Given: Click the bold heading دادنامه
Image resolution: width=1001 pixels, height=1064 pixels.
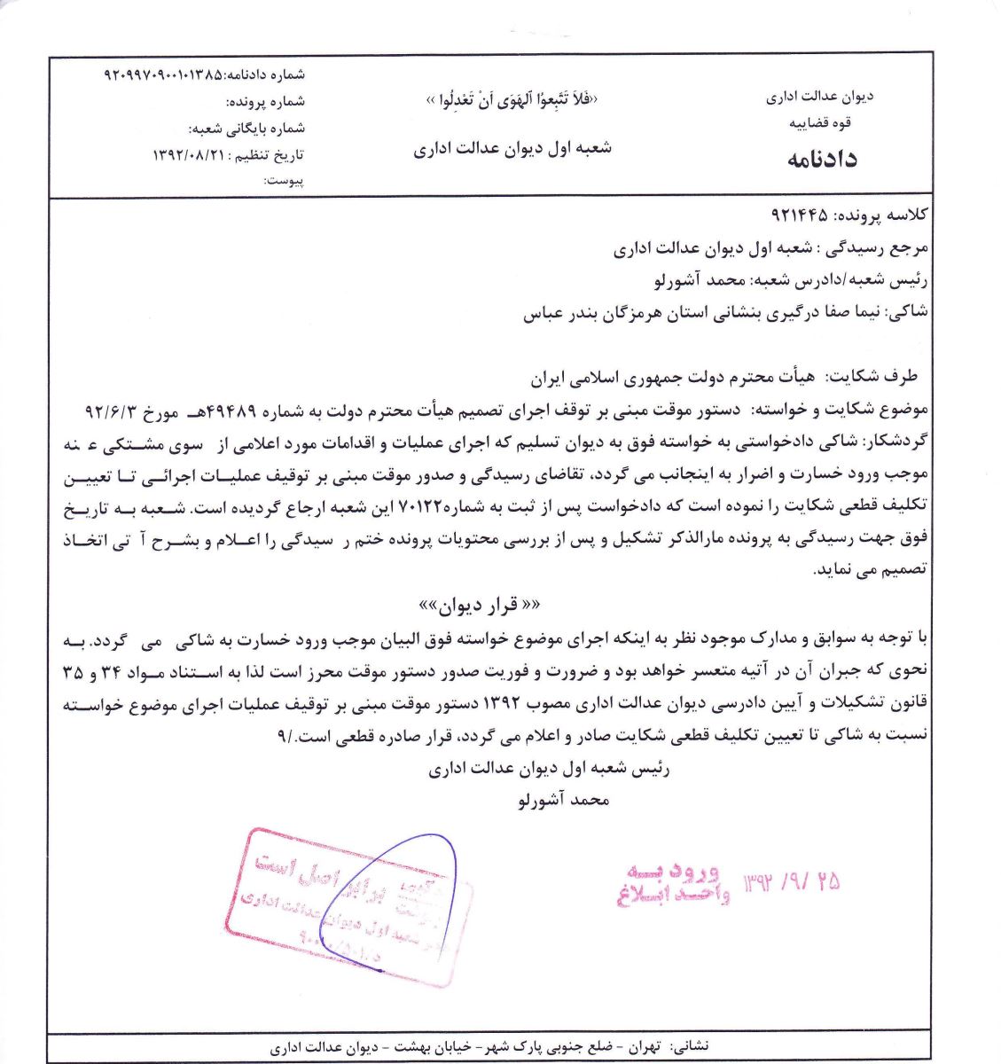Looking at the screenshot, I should click(821, 160).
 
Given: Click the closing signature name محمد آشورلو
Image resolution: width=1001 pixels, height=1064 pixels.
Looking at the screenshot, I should click(564, 800).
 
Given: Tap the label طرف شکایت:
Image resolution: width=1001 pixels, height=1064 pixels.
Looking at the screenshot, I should click(872, 377).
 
